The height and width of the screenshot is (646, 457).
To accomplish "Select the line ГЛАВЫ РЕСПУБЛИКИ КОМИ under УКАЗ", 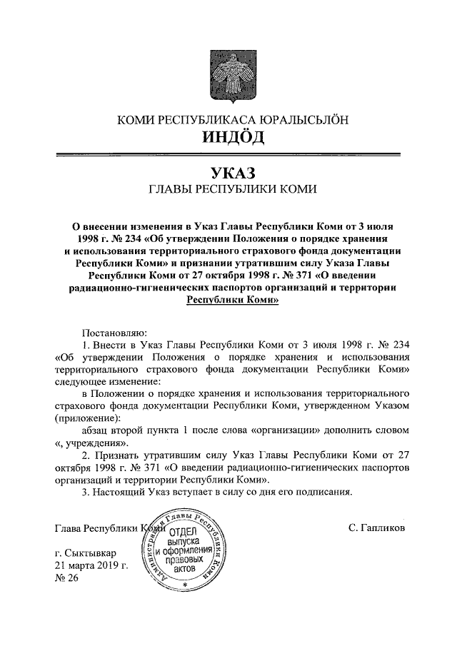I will pos(228,190).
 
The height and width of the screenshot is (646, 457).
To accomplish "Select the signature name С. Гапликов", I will pos(376,530).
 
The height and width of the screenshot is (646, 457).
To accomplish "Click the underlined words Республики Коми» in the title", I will pos(228,301).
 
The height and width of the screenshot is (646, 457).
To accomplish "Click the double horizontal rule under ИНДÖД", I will pos(228,153).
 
